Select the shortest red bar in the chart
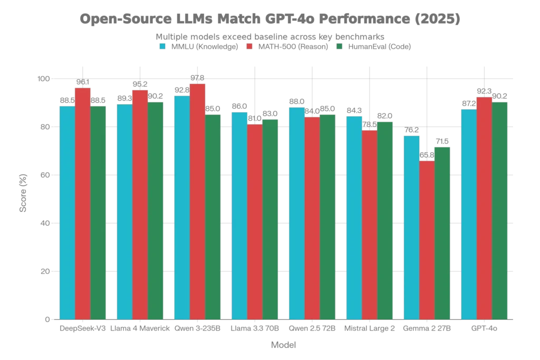pos(427,240)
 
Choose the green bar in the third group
pos(213,217)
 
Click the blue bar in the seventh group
pos(411,227)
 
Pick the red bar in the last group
pos(484,208)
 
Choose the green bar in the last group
pos(500,211)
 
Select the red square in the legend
pos(248,46)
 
